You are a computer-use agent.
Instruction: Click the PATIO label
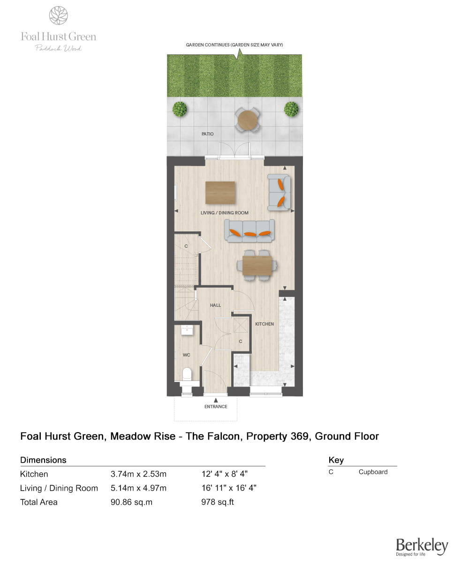pos(207,134)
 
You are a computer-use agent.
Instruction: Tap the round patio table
pos(247,120)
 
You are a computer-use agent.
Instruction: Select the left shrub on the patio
pos(180,109)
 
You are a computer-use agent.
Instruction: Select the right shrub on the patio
pos(291,109)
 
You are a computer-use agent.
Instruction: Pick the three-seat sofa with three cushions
pos(250,231)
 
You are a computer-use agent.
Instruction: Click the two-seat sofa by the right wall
pos(279,192)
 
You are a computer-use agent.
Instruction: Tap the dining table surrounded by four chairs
pos(257,266)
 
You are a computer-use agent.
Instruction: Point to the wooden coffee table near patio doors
pos(220,192)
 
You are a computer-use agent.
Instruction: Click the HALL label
pos(215,305)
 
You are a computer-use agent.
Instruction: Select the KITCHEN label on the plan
pos(264,324)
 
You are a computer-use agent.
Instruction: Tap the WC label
pos(186,355)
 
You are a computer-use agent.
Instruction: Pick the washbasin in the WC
pos(187,330)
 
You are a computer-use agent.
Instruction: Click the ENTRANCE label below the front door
pos(216,407)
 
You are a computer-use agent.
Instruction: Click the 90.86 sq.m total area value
pos(131,502)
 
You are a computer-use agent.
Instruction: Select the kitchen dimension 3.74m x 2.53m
pos(138,474)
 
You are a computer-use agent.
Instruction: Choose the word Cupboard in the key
pos(373,472)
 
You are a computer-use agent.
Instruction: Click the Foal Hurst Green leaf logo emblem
pos(59,15)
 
